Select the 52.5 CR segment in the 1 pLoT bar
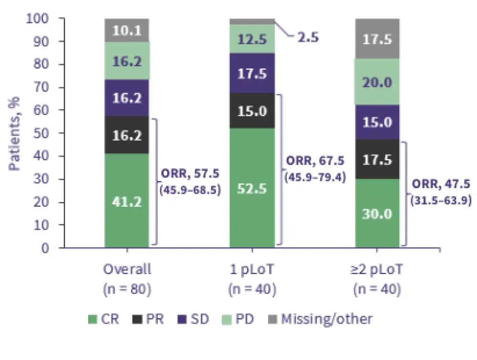pos(252,188)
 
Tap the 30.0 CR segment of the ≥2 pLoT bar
pos(377,213)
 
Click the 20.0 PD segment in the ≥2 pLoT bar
pos(377,82)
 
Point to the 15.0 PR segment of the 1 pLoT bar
pos(252,111)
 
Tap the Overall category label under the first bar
pos(127,269)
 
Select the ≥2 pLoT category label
pos(377,269)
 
